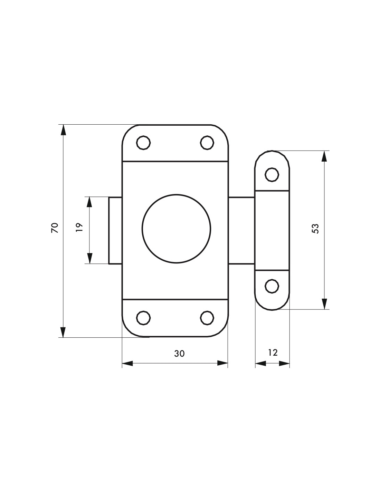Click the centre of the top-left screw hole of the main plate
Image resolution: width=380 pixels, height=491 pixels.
[143, 143]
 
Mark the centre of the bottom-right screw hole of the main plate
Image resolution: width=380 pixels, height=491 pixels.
[207, 318]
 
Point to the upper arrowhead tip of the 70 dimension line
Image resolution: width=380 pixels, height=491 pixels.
[63, 125]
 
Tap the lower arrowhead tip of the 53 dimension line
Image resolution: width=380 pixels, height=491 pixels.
[324, 309]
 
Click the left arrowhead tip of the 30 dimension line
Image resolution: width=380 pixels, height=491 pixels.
[122, 363]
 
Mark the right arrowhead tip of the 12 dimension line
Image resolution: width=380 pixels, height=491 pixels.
[289, 364]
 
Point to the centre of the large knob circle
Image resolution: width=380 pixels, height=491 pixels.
[176, 229]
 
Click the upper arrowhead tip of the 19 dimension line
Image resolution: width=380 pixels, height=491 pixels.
[89, 197]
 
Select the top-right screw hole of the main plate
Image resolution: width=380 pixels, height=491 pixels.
[207, 143]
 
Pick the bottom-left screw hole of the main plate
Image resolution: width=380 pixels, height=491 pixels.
[143, 318]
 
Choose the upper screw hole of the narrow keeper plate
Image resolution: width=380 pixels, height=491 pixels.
[272, 175]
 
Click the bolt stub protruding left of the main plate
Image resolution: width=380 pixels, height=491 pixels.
[115, 230]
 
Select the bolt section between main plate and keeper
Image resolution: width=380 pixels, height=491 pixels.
[242, 230]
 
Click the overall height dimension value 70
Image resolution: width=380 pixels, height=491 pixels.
[55, 228]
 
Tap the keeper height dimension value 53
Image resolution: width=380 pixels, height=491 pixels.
[315, 229]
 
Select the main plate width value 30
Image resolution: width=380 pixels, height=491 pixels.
[180, 354]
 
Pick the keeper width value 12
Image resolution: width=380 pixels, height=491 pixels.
[273, 353]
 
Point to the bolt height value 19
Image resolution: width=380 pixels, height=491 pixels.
[79, 228]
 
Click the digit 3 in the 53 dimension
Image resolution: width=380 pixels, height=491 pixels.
[315, 226]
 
